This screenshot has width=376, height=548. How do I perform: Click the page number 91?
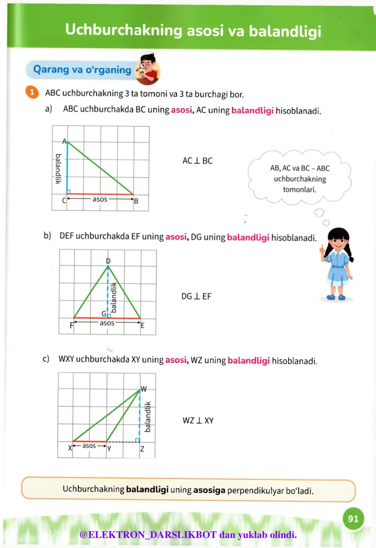(353, 519)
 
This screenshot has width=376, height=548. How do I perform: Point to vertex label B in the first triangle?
(136, 203)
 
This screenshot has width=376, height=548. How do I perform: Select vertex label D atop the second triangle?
(108, 261)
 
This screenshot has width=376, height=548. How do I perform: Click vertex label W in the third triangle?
(143, 389)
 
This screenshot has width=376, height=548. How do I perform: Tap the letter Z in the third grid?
(142, 449)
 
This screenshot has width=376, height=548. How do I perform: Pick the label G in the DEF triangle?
(104, 314)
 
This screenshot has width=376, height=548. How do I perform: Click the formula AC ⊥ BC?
(197, 161)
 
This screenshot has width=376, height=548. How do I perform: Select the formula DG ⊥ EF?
(196, 296)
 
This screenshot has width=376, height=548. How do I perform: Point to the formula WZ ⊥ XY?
(198, 421)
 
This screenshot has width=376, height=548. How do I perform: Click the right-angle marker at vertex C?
(69, 191)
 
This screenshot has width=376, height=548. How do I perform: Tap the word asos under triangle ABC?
(100, 199)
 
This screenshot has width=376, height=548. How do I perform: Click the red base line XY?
(89, 441)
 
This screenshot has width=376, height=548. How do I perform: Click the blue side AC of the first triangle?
(67, 168)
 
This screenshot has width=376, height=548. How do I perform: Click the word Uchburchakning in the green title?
(120, 30)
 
